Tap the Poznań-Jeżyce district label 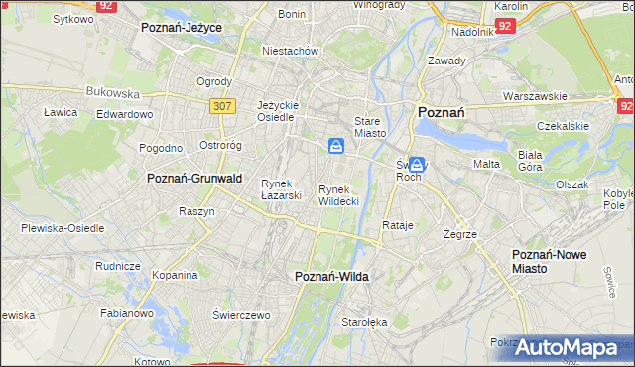(x=181, y=28)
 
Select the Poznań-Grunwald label (x=194, y=178)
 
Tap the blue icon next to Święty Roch (x=418, y=165)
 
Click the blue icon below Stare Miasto (x=337, y=147)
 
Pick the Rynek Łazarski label (x=281, y=188)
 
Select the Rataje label (x=397, y=225)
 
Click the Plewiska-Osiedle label (x=63, y=227)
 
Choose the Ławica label (x=61, y=112)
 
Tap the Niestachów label (x=289, y=50)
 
